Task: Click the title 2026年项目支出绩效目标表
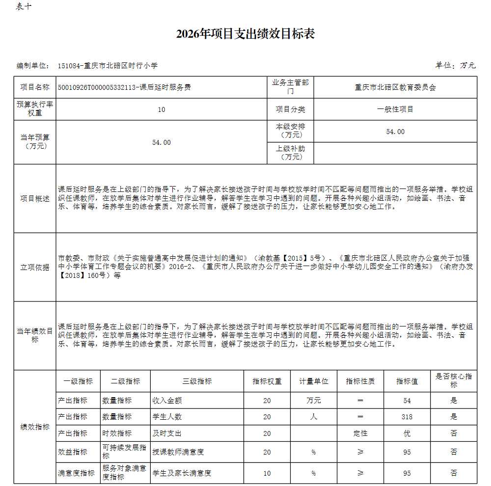tap(245, 34)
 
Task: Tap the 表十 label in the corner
tap(24, 6)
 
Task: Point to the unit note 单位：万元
tap(455, 65)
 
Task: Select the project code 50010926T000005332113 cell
tap(124, 87)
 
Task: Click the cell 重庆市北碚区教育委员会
tap(395, 87)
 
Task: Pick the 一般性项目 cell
tap(395, 109)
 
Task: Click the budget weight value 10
tap(162, 109)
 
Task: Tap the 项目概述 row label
tap(35, 198)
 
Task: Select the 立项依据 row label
tap(35, 267)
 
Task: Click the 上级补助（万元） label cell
tap(290, 153)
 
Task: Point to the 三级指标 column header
tap(197, 381)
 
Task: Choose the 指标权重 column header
tap(267, 381)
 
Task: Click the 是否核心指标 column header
tap(453, 380)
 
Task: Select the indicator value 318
tap(407, 417)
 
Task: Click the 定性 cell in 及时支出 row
tap(360, 433)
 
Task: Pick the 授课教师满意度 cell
tap(178, 452)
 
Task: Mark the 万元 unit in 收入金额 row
tap(314, 401)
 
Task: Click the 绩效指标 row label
tap(35, 427)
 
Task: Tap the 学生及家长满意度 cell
tap(182, 473)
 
